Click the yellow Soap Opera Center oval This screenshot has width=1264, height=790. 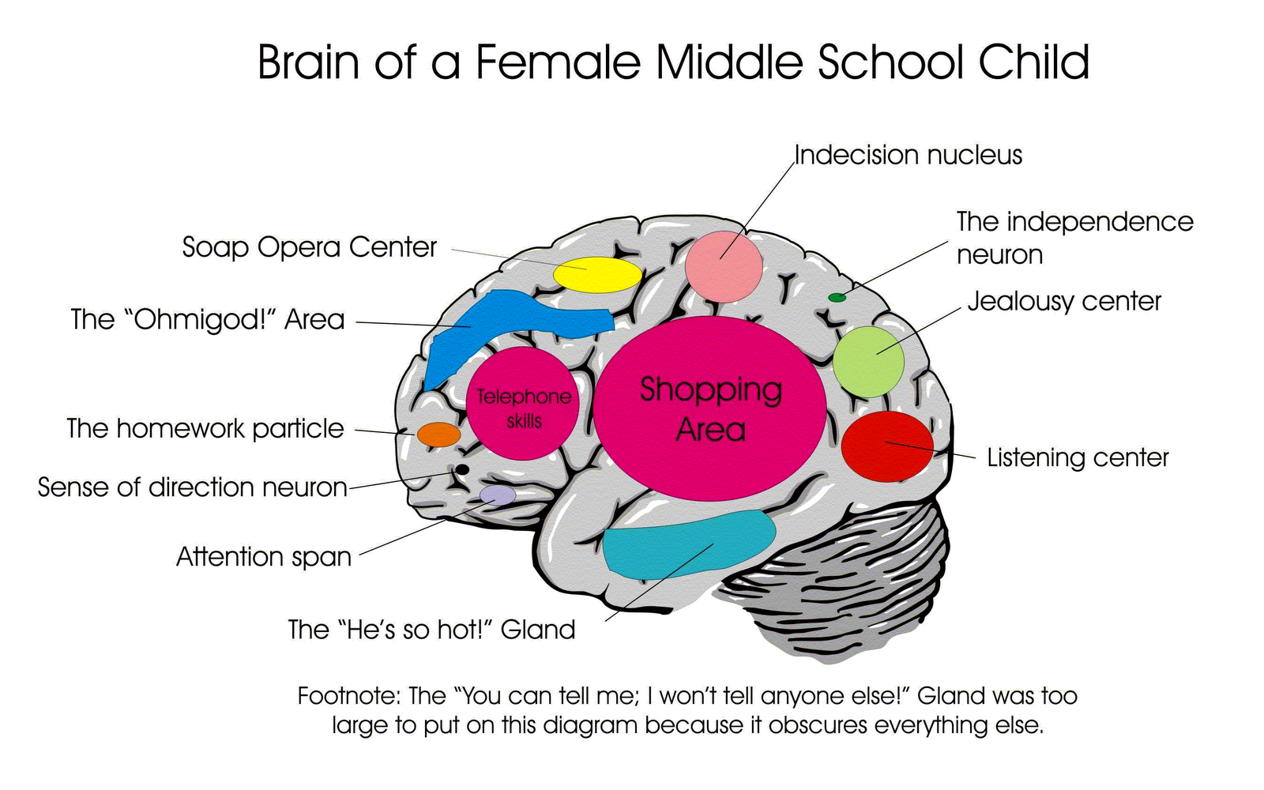597,275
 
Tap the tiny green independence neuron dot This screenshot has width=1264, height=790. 837,298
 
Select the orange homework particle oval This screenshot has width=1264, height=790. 438,434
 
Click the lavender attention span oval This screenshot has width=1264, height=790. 498,495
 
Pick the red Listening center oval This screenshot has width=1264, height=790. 887,446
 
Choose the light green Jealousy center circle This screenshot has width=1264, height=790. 868,362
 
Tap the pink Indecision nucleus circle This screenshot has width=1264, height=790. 724,265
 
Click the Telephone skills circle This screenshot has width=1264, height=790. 523,404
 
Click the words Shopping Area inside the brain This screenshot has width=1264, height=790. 710,409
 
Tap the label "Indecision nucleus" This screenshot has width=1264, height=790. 908,155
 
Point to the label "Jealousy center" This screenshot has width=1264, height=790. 1064,301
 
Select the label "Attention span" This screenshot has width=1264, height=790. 263,557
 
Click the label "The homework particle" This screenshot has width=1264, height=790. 205,428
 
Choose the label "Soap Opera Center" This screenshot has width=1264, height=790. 309,247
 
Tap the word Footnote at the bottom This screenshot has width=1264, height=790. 348,696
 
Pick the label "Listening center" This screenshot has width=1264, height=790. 1078,457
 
